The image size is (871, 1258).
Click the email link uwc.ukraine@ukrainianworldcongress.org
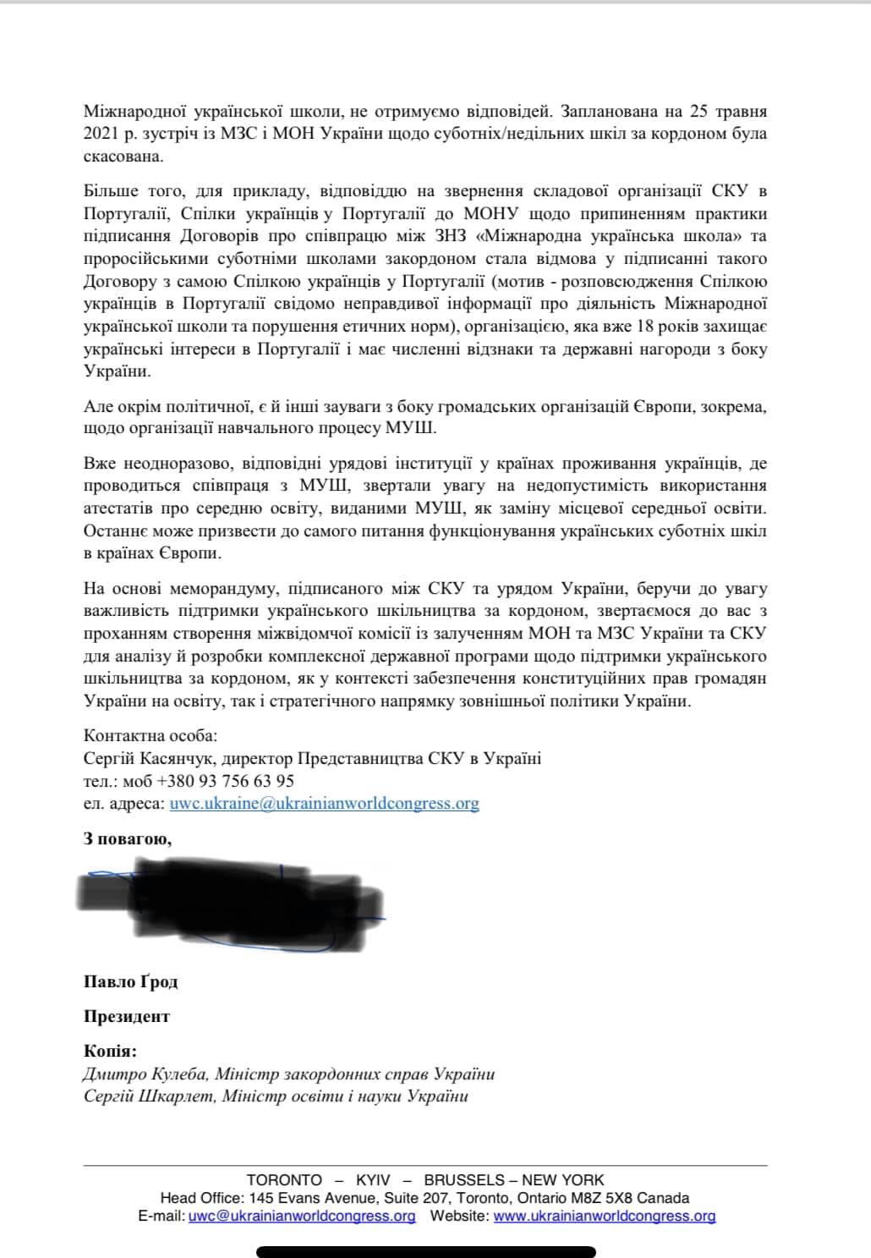324,804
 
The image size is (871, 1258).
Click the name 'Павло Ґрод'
130,982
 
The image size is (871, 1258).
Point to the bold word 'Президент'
127,1017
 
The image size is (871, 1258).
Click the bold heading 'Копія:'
110,1052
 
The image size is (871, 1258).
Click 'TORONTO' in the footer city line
284,1180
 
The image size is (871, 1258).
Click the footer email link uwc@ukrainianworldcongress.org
302,1217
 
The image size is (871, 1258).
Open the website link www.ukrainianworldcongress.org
604,1217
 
